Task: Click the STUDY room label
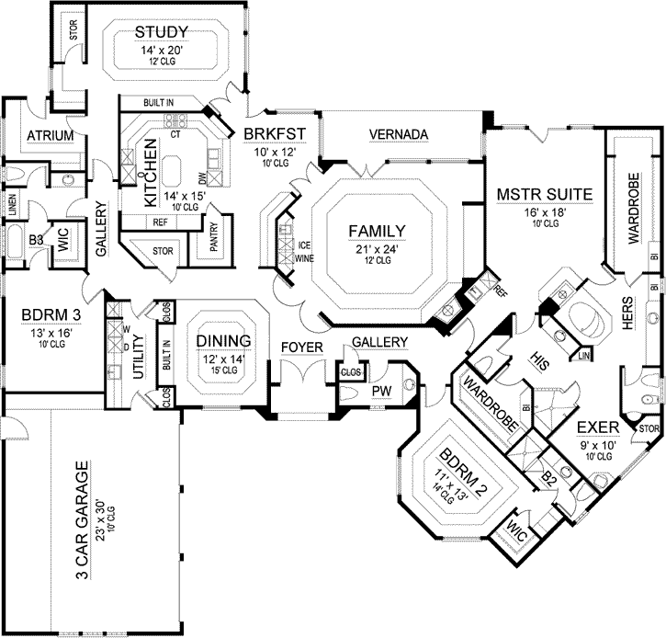tap(162, 32)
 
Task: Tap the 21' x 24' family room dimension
tap(378, 249)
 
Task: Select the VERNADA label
tap(399, 134)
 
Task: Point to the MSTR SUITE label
tap(545, 194)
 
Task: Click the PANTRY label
tap(214, 237)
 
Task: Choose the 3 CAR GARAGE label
tap(83, 519)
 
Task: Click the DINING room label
tap(223, 341)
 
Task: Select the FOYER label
tap(302, 347)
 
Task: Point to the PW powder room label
tap(381, 391)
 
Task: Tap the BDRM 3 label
tap(51, 315)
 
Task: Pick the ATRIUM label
tap(51, 135)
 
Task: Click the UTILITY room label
tap(139, 357)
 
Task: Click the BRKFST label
tap(275, 134)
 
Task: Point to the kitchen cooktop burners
tap(175, 120)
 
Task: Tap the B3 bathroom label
tap(36, 241)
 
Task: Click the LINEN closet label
tap(12, 205)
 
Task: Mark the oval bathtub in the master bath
tap(586, 320)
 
